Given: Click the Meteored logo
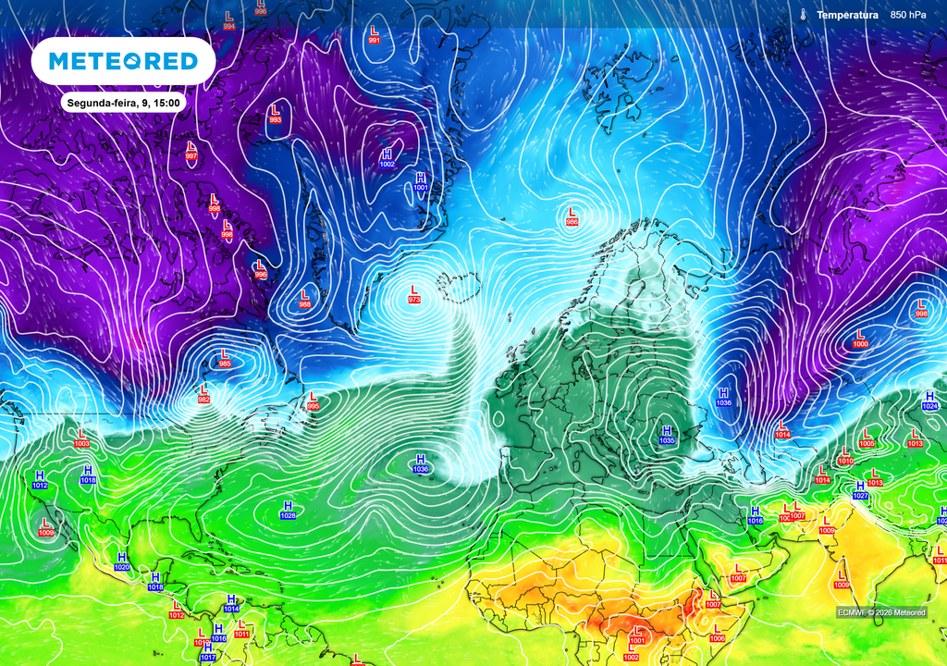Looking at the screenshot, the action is point(123,61).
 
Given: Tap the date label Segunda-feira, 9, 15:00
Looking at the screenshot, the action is point(123,102).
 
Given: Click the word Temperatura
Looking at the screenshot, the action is point(847,15).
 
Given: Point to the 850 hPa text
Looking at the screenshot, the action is point(908,15).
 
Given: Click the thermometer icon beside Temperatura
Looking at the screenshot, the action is point(805,15).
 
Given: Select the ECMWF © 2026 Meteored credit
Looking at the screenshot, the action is point(880,612).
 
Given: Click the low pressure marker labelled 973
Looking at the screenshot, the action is point(413,294).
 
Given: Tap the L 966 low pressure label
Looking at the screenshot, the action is point(572,216).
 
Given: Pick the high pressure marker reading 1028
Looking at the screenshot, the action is point(288,510).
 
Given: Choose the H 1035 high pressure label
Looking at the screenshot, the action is point(667,435).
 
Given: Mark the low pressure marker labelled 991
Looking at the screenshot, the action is point(375,36).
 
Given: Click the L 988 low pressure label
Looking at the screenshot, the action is point(304,299).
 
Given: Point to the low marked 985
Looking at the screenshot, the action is point(224,358).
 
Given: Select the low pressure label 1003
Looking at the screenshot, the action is point(81,438).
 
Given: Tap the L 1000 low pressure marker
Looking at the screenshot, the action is point(860,339).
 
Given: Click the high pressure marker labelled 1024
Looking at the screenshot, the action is point(929,401).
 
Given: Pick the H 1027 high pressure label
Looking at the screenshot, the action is point(860,490).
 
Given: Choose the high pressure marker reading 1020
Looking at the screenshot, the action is point(121,561).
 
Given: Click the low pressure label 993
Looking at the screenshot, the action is point(275,115).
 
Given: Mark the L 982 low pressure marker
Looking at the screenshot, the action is point(203,394).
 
